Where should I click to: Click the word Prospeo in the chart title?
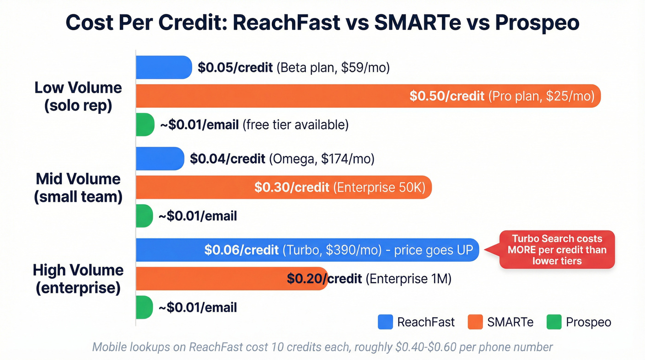[x=537, y=23]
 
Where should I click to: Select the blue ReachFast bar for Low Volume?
[x=164, y=67]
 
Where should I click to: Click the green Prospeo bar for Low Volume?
[x=145, y=124]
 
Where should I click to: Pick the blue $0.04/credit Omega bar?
[x=159, y=159]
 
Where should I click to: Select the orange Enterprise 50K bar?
[x=283, y=187]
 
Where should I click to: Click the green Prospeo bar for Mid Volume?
[x=144, y=216]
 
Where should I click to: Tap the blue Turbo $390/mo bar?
[x=307, y=250]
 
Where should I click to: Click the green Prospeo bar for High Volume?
[x=144, y=307]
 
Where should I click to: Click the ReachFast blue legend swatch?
[x=385, y=322]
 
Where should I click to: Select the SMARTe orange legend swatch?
[x=475, y=322]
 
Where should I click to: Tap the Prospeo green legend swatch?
[x=554, y=322]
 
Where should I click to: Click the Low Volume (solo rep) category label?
[x=78, y=96]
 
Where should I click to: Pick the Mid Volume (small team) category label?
[x=78, y=188]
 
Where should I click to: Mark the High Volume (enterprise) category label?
[x=77, y=279]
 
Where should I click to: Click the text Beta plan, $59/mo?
[x=333, y=68]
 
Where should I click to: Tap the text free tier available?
[x=295, y=124]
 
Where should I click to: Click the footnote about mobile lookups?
[x=322, y=347]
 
